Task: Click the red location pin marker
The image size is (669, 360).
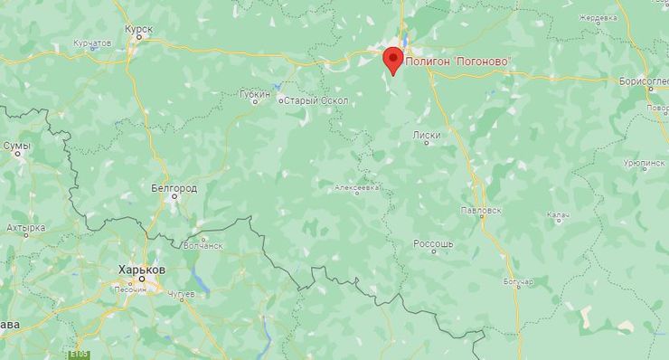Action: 392,60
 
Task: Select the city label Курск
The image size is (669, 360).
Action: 139,29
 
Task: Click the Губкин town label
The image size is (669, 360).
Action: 256,93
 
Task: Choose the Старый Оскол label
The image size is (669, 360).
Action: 310,100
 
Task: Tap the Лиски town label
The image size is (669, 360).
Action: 426,136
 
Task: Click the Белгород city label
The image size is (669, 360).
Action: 173,188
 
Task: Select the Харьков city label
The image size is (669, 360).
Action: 142,270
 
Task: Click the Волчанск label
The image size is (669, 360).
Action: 203,244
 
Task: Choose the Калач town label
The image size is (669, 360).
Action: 557,215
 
